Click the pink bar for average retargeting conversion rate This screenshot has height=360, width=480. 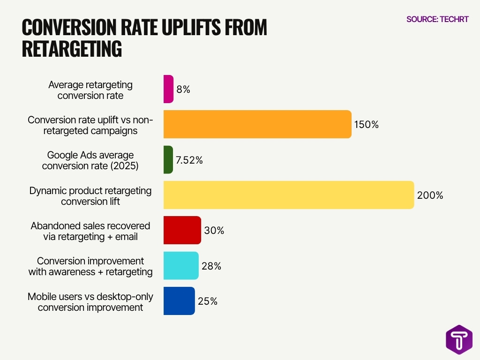coord(168,89)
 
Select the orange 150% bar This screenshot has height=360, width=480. coord(257,124)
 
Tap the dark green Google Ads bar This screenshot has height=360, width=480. coord(168,160)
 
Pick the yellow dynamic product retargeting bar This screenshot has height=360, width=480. coord(289,195)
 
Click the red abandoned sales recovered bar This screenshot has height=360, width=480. coord(182,230)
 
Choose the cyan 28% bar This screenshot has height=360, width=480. coord(181,266)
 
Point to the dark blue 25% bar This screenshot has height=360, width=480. coord(179,301)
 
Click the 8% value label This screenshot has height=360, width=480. coord(183,90)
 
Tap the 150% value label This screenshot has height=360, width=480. coord(366,125)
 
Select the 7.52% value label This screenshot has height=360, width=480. coord(189,160)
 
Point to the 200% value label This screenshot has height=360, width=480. coord(430,195)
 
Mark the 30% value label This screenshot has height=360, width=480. coord(214,231)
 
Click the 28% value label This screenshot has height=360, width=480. coord(211,266)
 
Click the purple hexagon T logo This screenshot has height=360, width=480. coord(459,339)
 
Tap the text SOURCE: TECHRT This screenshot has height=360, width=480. coord(437,19)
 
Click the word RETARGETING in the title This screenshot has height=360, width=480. coord(72,49)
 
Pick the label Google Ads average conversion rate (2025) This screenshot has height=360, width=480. coord(90,160)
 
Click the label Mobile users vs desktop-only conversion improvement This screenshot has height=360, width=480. coord(90,302)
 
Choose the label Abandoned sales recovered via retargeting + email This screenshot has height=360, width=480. coord(90,231)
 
